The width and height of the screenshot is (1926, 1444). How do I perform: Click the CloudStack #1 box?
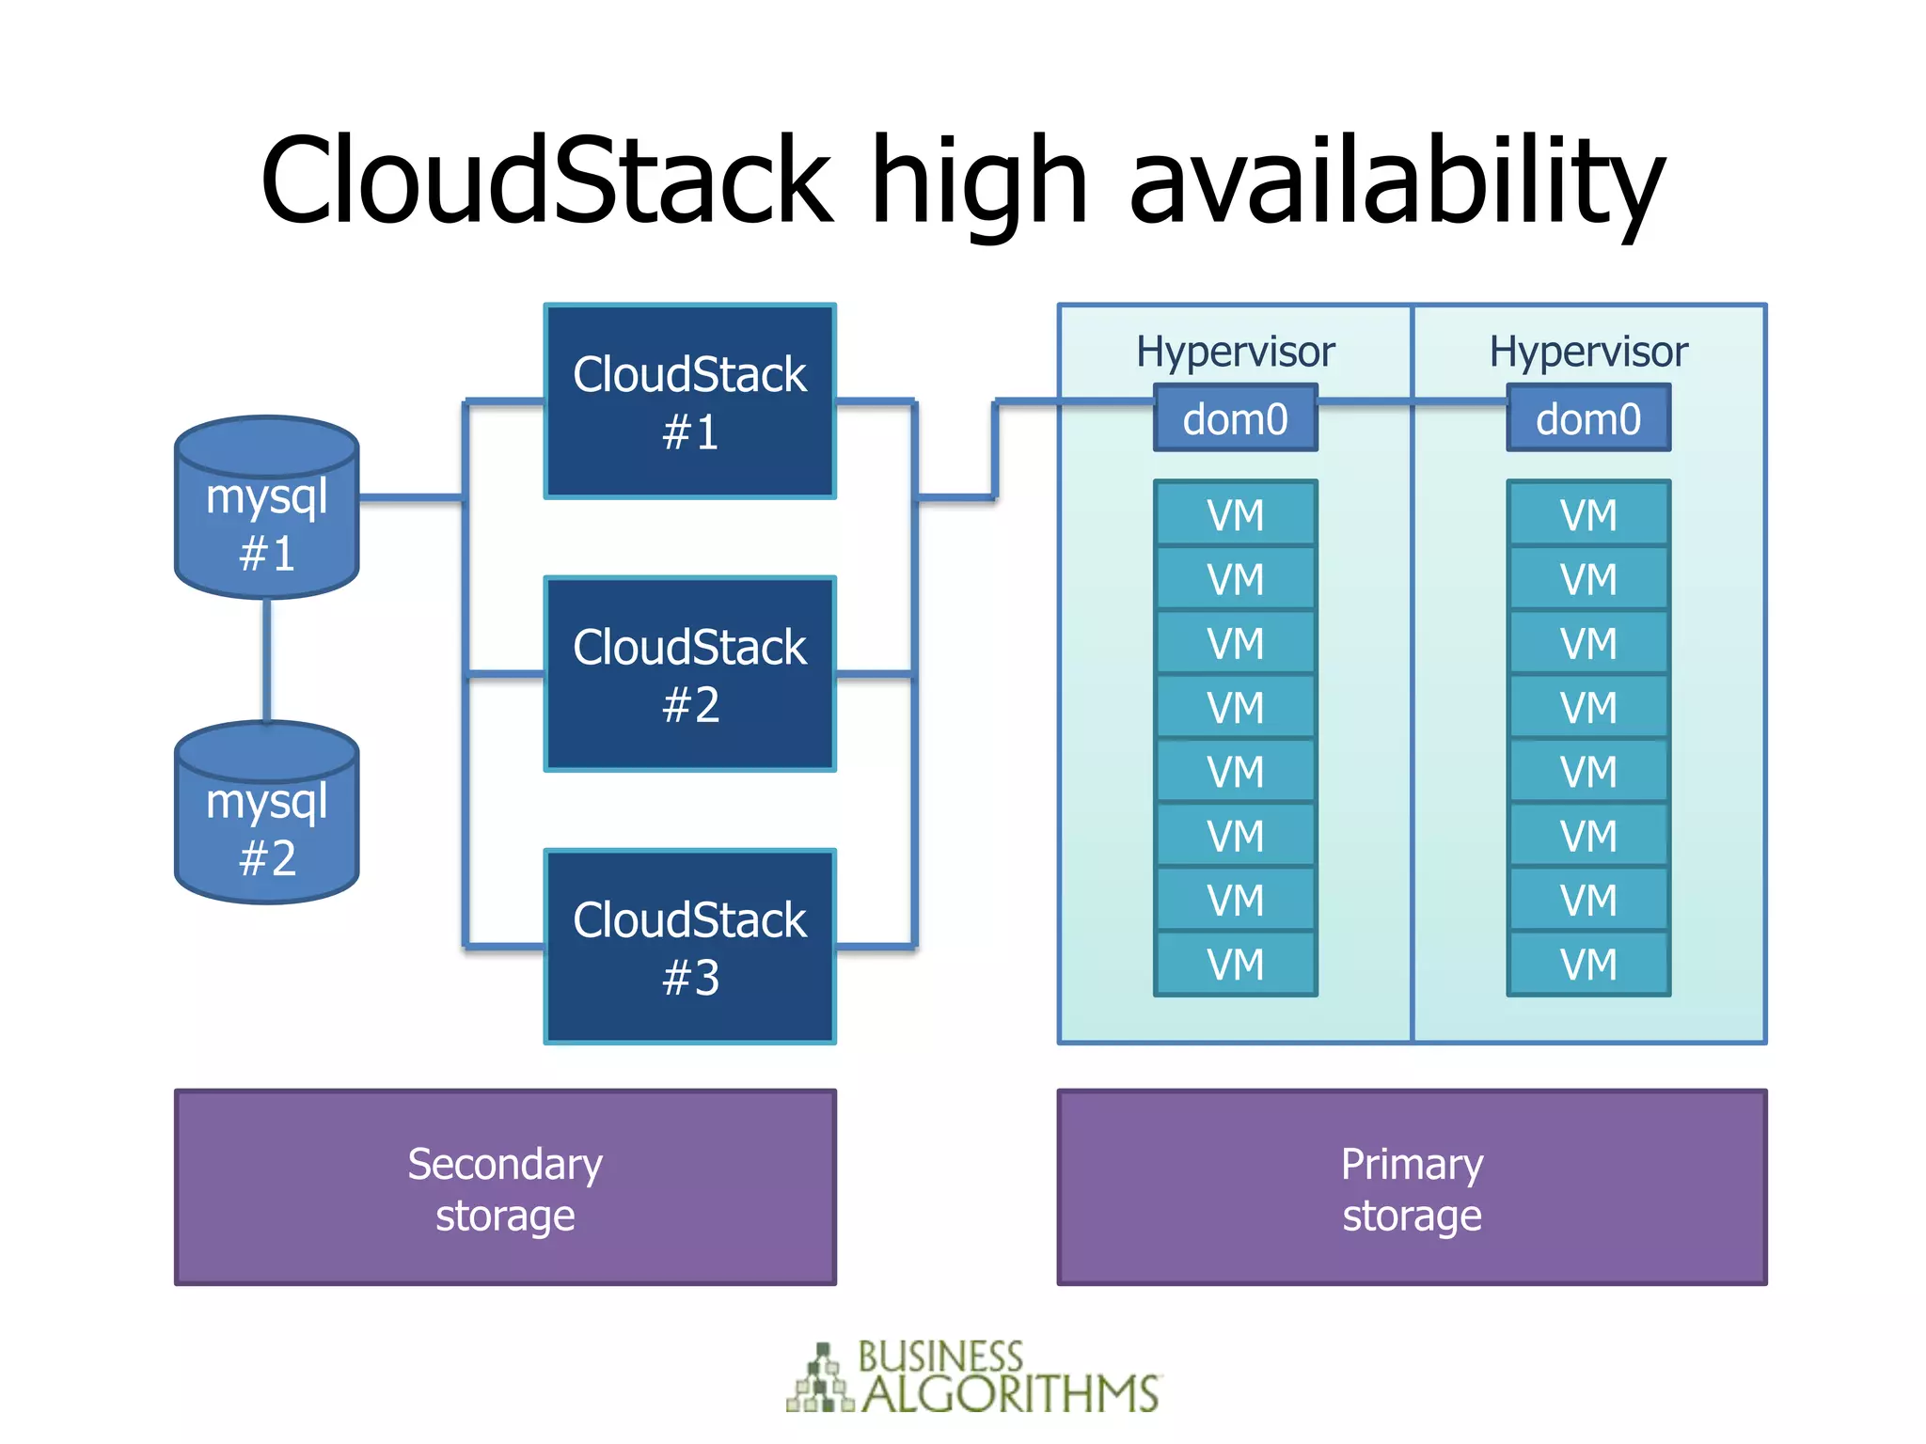pos(690,400)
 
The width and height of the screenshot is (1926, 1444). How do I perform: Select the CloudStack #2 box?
pos(690,674)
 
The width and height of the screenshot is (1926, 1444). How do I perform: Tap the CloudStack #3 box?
pos(690,947)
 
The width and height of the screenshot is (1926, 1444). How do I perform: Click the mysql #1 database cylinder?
pos(267,507)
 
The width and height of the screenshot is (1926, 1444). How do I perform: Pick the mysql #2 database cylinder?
pos(267,812)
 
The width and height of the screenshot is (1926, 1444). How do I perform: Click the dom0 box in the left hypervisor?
pos(1236,418)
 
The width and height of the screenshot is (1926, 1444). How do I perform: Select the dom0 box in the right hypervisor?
pos(1588,418)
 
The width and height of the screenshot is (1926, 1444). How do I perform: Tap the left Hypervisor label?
pos(1235,353)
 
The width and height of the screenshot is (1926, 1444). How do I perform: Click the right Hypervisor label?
pos(1588,353)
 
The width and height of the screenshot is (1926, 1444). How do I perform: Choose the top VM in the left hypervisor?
pos(1236,514)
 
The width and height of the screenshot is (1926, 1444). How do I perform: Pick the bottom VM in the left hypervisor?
pos(1236,964)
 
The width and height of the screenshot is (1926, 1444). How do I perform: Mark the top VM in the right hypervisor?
pos(1588,514)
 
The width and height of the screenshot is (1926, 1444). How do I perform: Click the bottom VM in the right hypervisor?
pos(1588,964)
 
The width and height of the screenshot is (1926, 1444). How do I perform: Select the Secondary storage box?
pos(505,1187)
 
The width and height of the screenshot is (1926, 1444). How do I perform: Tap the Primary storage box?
pos(1412,1187)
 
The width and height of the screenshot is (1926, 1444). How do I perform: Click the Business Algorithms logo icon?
pos(821,1378)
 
